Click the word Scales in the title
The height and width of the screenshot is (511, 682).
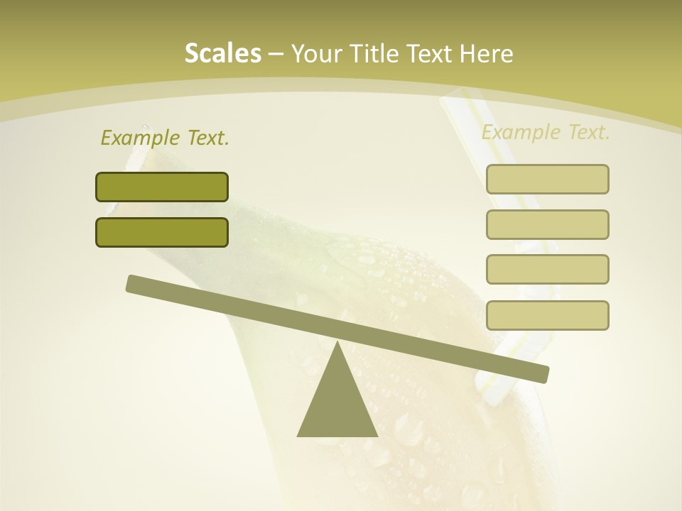(x=222, y=53)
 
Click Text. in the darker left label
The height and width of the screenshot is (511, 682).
(x=206, y=138)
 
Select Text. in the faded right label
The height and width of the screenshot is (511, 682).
(x=587, y=132)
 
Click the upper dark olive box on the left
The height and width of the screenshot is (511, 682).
(x=162, y=187)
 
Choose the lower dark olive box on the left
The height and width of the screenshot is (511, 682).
(x=162, y=232)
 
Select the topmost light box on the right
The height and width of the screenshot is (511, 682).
(x=547, y=179)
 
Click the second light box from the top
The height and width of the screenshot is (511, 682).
(x=547, y=224)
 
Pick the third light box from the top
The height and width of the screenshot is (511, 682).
(x=547, y=269)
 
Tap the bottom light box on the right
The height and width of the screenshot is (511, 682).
(x=547, y=315)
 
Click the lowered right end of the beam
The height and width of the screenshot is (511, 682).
(x=543, y=374)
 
